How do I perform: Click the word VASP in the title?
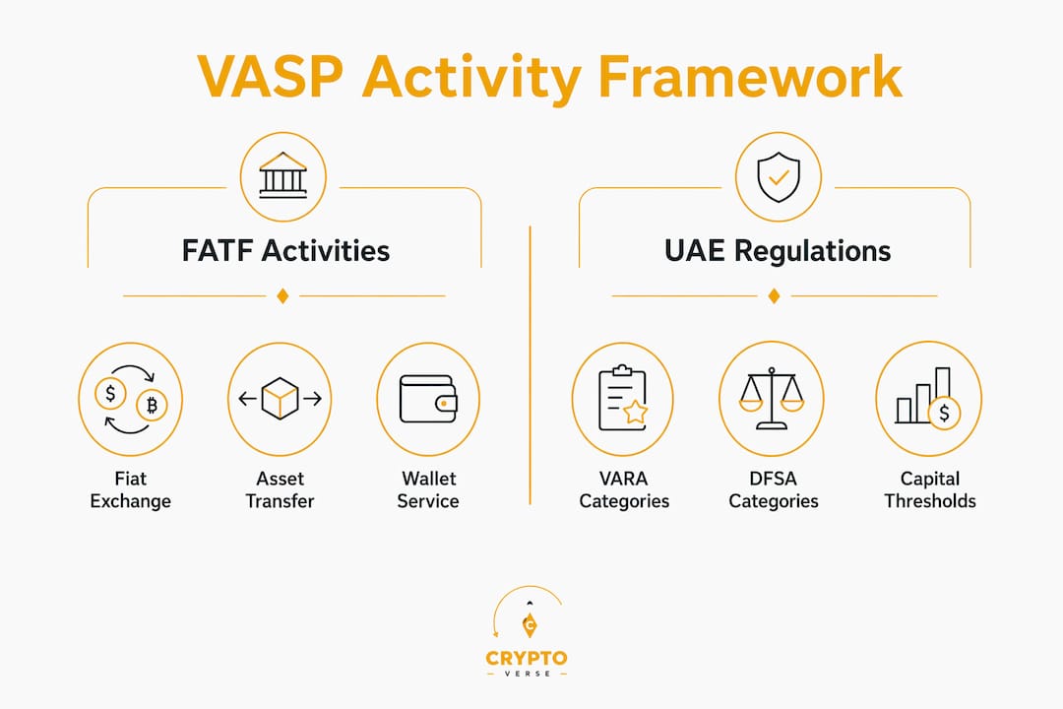pos(271,76)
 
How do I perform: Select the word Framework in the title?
pos(750,76)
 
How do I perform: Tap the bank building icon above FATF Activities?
pos(282,175)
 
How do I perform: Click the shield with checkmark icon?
pos(779,176)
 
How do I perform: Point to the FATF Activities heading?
pos(285,250)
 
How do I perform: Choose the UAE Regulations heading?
pos(778,251)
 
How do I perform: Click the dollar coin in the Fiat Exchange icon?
pos(110,393)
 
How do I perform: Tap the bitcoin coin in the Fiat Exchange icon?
pos(152,405)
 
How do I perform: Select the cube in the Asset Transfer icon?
pos(280,398)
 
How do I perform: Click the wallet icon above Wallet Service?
pos(428,399)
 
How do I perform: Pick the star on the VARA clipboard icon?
pos(635,412)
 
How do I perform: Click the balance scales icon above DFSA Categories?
pos(772,398)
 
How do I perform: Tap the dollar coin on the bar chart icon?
pos(944,413)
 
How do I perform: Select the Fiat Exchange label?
pos(130,489)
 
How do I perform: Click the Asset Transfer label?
pos(280,489)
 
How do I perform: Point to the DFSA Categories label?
pos(774,489)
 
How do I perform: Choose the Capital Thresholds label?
pos(930,489)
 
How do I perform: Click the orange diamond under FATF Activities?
pos(282,295)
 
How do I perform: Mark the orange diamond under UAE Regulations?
pos(774,295)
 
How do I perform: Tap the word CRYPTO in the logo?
pos(527,658)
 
